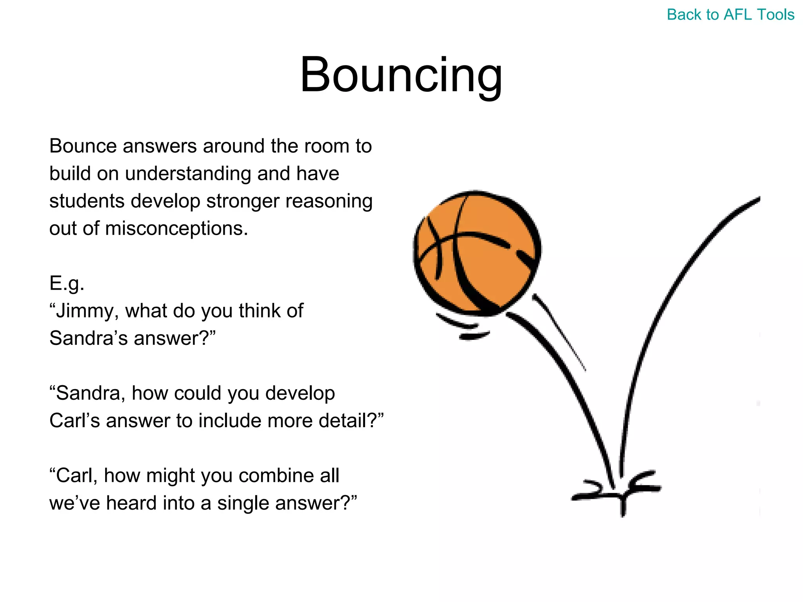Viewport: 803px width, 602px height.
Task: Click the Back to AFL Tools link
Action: (x=730, y=15)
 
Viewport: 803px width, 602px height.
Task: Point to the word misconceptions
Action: (x=176, y=228)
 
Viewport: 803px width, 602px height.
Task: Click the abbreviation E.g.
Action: (x=67, y=283)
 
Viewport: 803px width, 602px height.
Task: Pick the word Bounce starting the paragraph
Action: (x=83, y=146)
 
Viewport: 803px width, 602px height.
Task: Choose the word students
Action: (x=87, y=201)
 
